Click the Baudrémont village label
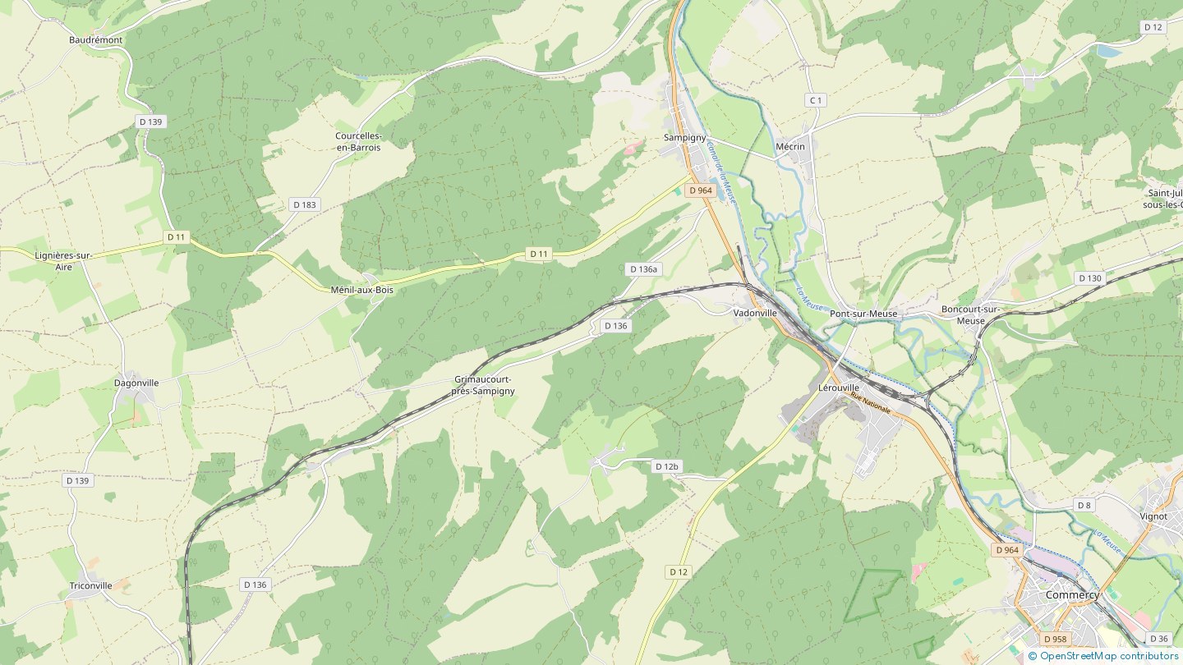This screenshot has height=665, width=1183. pos(95,39)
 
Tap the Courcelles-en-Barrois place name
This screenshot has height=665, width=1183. pos(358,141)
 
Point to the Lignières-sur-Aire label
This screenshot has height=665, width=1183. pos(63,261)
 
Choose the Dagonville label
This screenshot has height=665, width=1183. pos(136,383)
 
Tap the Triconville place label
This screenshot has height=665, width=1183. pos(90,585)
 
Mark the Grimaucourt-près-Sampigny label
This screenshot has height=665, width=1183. pos(484,385)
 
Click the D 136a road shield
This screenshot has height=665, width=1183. pos(642,269)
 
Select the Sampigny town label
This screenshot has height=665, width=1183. pos(684,137)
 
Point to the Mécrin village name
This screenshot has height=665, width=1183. pos(790,147)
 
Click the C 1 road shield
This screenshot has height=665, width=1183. pos(815,100)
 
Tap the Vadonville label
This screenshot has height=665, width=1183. pos(754,313)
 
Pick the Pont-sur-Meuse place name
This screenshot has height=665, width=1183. pos(863,314)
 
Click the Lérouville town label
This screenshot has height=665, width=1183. pos(839,387)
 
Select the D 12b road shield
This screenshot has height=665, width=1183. pos(666,466)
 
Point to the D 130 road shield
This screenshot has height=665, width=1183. pos(1089,278)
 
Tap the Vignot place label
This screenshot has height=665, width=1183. pos(1153,516)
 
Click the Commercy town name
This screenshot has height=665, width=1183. pos(1072,594)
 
